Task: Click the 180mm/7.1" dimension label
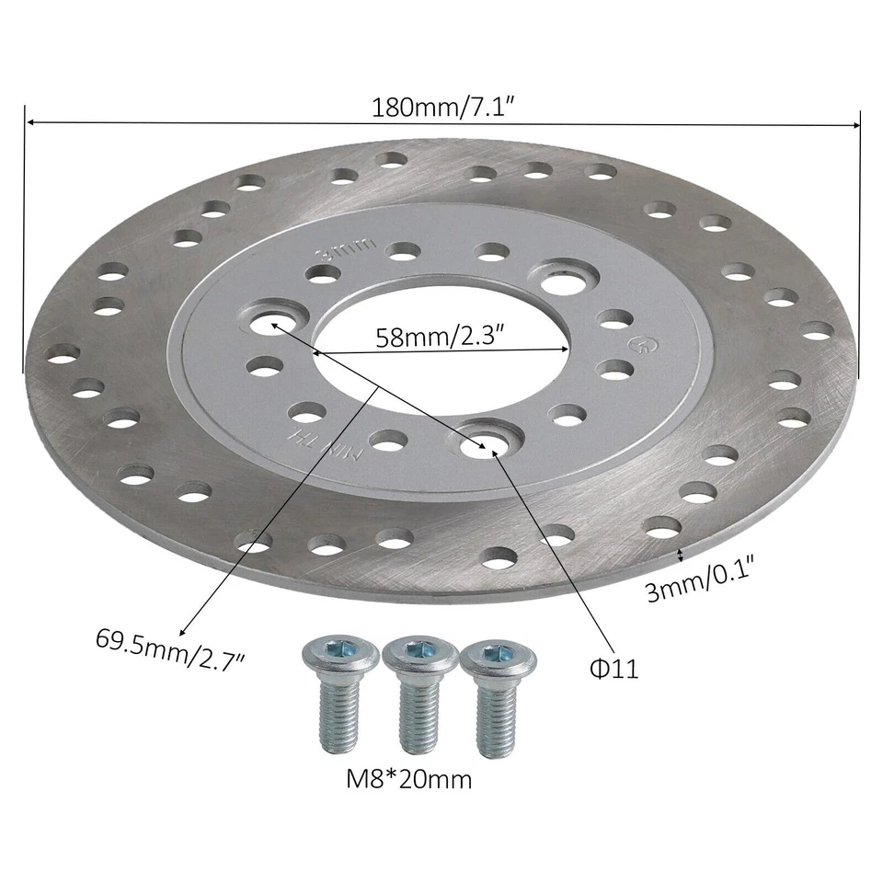pos(441,107)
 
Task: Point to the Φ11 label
pos(614,668)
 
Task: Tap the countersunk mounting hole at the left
pos(272,322)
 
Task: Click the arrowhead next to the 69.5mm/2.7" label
pos(183,631)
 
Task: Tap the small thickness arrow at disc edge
pos(680,553)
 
